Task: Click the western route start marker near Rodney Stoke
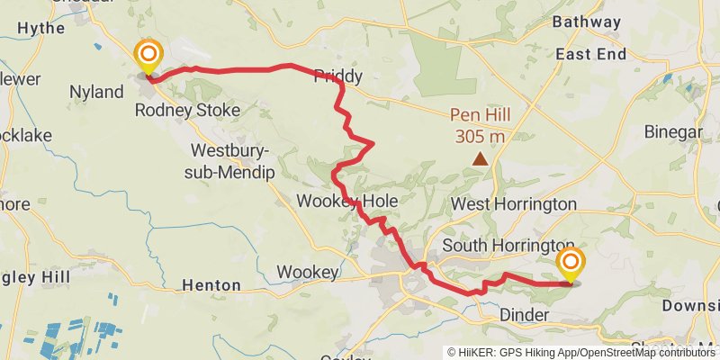pyautogui.click(x=147, y=57)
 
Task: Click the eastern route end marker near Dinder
pyautogui.click(x=570, y=263)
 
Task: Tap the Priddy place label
pyautogui.click(x=337, y=77)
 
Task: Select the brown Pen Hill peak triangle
pyautogui.click(x=481, y=159)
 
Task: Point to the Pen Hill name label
pyautogui.click(x=480, y=116)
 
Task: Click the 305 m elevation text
pyautogui.click(x=480, y=136)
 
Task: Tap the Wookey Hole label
pyautogui.click(x=347, y=200)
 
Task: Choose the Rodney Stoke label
pyautogui.click(x=187, y=111)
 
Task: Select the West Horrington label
pyautogui.click(x=513, y=204)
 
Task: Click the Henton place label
pyautogui.click(x=211, y=285)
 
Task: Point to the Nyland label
pyautogui.click(x=96, y=92)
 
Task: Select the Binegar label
pyautogui.click(x=673, y=132)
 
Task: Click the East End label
pyautogui.click(x=590, y=54)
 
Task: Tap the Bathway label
pyautogui.click(x=587, y=22)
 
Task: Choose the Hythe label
pyautogui.click(x=41, y=28)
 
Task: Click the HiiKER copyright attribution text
pyautogui.click(x=581, y=352)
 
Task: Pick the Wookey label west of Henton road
pyautogui.click(x=307, y=272)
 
